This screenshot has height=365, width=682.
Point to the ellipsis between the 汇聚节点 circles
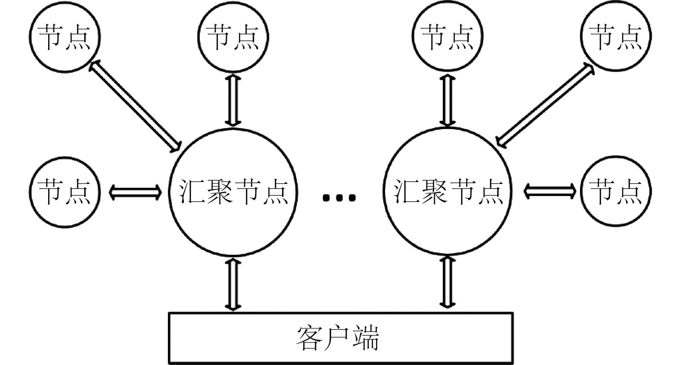[x=340, y=197]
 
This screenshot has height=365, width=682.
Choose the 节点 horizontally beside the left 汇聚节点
[x=64, y=192]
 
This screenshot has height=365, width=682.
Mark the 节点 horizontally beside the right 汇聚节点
[x=617, y=192]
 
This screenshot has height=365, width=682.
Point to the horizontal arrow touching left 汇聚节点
[x=135, y=192]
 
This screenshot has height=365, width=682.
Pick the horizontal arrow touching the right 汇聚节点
[x=549, y=192]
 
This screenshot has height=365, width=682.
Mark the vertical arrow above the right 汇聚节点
[x=448, y=100]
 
